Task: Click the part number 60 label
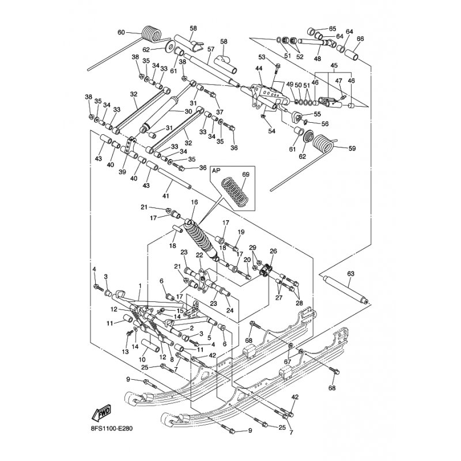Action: (x=121, y=32)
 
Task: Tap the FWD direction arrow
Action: (x=101, y=413)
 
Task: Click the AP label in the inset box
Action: (x=217, y=171)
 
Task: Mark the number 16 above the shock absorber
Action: (x=194, y=202)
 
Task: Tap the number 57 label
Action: (x=211, y=49)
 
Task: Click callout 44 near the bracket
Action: (x=259, y=69)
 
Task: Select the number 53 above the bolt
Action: (x=262, y=57)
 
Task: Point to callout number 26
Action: (x=273, y=251)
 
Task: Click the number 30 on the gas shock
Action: (x=188, y=111)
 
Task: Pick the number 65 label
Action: (x=332, y=29)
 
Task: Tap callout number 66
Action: (x=361, y=39)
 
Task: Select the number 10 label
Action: (x=142, y=360)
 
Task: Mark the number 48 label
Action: (x=317, y=58)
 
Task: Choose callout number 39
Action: (x=122, y=172)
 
